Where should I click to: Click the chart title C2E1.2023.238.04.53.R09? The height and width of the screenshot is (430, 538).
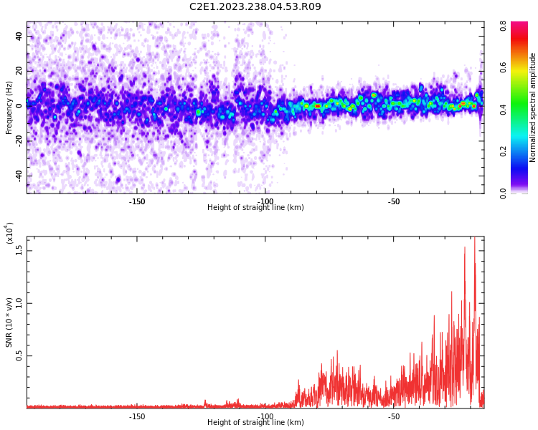(255, 7)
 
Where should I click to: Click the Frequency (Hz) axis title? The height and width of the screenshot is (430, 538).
(9, 107)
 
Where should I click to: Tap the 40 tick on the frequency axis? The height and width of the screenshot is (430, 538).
(19, 36)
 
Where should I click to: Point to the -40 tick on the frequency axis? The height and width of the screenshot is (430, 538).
(19, 176)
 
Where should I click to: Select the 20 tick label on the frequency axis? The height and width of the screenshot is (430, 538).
(19, 71)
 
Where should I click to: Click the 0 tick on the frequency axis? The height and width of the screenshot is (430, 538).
(19, 106)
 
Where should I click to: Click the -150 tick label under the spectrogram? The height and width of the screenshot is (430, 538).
(137, 201)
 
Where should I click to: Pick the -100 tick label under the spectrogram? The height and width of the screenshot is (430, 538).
(265, 201)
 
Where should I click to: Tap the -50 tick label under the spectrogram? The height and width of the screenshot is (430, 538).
(393, 201)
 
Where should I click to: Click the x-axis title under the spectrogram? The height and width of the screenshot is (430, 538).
(255, 208)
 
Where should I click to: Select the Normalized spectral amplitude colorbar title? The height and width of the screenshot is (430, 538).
(533, 107)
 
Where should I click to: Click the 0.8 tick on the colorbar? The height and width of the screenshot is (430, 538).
(504, 26)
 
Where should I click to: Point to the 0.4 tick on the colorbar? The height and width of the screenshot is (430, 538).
(504, 109)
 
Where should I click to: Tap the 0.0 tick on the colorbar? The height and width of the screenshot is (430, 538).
(504, 192)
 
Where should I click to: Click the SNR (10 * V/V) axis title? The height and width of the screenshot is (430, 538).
(9, 322)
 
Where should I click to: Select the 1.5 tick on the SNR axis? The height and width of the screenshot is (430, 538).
(19, 249)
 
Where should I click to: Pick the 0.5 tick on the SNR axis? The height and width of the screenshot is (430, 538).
(19, 355)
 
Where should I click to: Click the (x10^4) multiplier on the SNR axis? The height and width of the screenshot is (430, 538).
(9, 233)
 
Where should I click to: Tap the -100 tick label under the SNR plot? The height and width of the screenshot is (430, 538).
(265, 416)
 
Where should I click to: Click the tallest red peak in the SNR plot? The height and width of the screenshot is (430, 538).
(474, 239)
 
